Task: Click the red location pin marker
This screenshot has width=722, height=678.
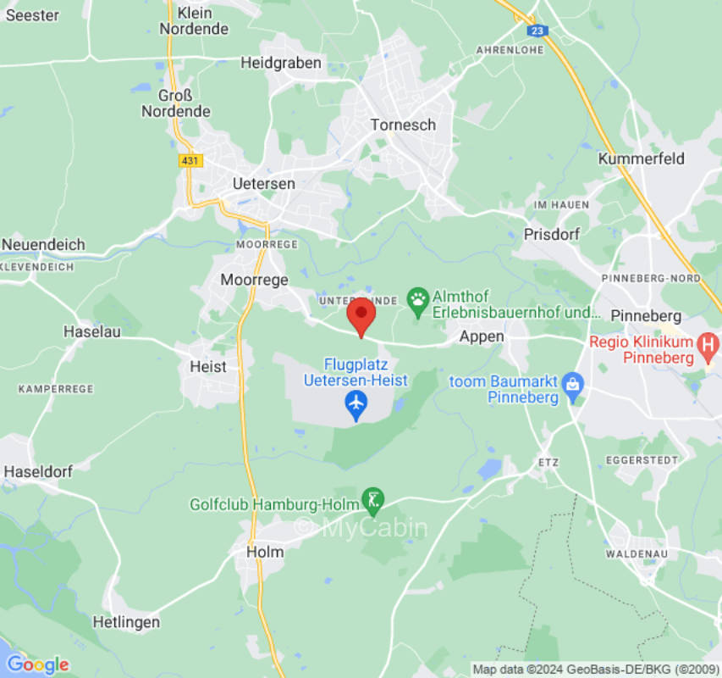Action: pyautogui.click(x=362, y=315)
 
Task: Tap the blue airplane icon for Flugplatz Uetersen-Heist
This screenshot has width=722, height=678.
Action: pyautogui.click(x=356, y=406)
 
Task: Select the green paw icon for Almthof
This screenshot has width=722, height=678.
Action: pyautogui.click(x=417, y=299)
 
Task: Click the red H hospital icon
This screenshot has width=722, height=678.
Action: pyautogui.click(x=708, y=345)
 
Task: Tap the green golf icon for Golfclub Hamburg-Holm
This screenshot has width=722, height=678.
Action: pyautogui.click(x=372, y=500)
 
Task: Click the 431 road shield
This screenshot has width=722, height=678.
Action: pyautogui.click(x=191, y=160)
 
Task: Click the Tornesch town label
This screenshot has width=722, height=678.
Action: pyautogui.click(x=403, y=125)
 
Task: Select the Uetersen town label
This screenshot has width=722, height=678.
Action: pyautogui.click(x=264, y=183)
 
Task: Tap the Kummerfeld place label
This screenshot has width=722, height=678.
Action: pyautogui.click(x=641, y=158)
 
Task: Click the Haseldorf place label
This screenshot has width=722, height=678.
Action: pyautogui.click(x=38, y=471)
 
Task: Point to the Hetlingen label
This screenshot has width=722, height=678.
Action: pyautogui.click(x=126, y=622)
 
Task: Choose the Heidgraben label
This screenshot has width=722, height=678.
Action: pyautogui.click(x=281, y=63)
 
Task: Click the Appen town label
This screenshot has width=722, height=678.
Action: pyautogui.click(x=482, y=336)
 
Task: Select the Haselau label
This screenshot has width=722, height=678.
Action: pyautogui.click(x=91, y=331)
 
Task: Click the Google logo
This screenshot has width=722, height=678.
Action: pyautogui.click(x=37, y=664)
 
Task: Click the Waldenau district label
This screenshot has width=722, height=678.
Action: pyautogui.click(x=639, y=553)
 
